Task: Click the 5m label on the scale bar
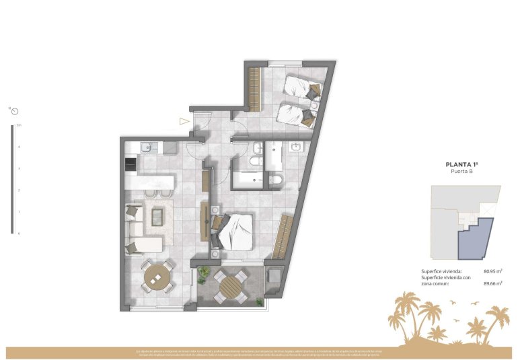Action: pyautogui.click(x=19, y=126)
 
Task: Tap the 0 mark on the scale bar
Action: pyautogui.click(x=19, y=233)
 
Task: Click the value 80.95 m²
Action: pyautogui.click(x=493, y=271)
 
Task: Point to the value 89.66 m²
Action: pyautogui.click(x=493, y=283)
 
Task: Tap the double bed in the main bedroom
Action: pyautogui.click(x=234, y=232)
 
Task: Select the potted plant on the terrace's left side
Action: pyautogui.click(x=203, y=273)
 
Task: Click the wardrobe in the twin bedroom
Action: pyautogui.click(x=254, y=89)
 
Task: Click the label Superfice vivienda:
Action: pyautogui.click(x=441, y=271)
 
